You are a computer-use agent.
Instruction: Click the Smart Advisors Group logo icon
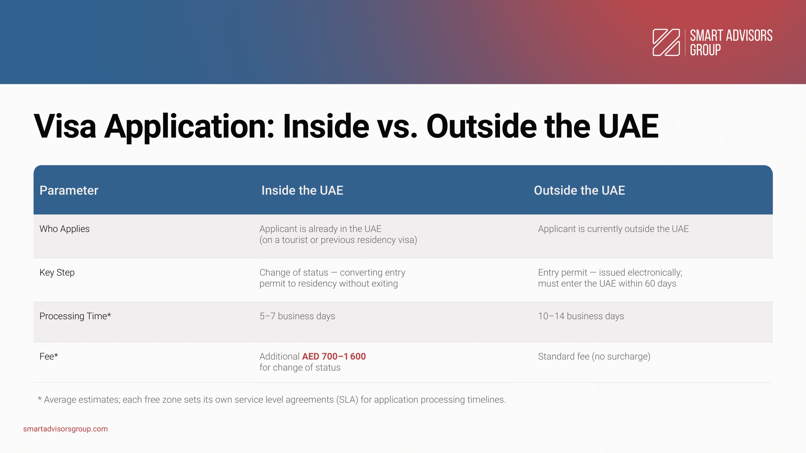point(666,42)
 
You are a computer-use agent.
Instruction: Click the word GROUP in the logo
point(705,50)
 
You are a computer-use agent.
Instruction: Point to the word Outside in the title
point(481,126)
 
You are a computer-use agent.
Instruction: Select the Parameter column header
point(69,190)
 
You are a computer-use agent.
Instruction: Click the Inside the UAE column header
point(302,190)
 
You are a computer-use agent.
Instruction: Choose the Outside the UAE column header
point(579,190)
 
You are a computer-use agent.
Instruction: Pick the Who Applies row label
point(65,229)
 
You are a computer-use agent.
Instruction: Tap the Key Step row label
point(57,272)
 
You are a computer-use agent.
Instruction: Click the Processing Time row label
point(75,316)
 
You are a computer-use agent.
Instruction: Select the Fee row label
point(49,356)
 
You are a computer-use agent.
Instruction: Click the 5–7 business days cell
point(297,316)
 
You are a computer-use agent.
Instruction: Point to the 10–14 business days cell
point(581,316)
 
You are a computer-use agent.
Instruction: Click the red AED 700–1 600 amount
point(334,356)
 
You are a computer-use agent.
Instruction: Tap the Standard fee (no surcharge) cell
point(594,356)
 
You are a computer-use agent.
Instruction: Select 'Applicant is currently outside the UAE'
point(613,229)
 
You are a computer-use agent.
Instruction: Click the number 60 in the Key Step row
point(650,284)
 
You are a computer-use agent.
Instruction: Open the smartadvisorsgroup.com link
point(65,429)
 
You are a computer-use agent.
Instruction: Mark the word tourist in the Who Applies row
point(295,240)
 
